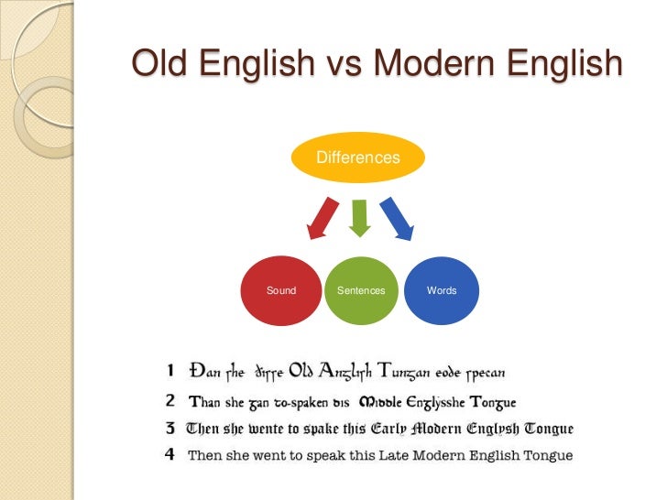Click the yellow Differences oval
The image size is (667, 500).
click(x=357, y=158)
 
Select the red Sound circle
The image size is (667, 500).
click(x=281, y=290)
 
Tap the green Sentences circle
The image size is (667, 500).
click(x=361, y=290)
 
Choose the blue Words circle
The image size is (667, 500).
click(x=441, y=290)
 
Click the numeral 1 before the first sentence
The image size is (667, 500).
click(x=171, y=372)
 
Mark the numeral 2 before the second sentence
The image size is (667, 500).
click(x=171, y=400)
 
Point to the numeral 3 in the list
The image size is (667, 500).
click(x=171, y=428)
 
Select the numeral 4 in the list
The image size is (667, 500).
click(x=171, y=455)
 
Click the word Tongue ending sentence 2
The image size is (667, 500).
click(x=494, y=401)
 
